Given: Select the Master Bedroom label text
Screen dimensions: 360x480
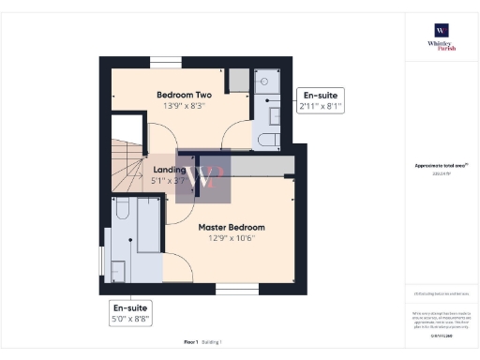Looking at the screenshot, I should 231,227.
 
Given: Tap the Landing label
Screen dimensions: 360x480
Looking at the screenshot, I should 170,171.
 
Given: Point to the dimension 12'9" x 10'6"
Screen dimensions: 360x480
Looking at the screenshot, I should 231,238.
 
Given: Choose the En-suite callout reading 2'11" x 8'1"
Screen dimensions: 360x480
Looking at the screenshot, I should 320,101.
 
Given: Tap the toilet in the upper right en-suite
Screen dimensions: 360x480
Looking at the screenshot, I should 267,141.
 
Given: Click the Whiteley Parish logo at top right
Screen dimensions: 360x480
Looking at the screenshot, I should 441,37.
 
